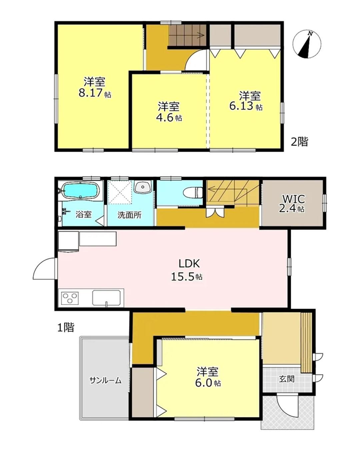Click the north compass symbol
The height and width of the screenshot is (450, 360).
pos(307,44)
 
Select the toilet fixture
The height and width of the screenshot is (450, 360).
pos(193,192)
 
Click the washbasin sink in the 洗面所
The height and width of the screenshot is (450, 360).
pos(142,187)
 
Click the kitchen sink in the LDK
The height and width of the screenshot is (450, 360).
pos(107,298)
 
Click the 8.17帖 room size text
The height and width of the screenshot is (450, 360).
pos(95,93)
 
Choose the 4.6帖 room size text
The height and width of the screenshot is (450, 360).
pos(169,118)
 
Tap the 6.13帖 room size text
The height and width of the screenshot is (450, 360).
pos(246,107)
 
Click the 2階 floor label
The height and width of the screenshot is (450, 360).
pos(300,142)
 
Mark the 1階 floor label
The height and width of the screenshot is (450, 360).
pos(66,327)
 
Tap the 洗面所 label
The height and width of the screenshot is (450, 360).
pos(129,215)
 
